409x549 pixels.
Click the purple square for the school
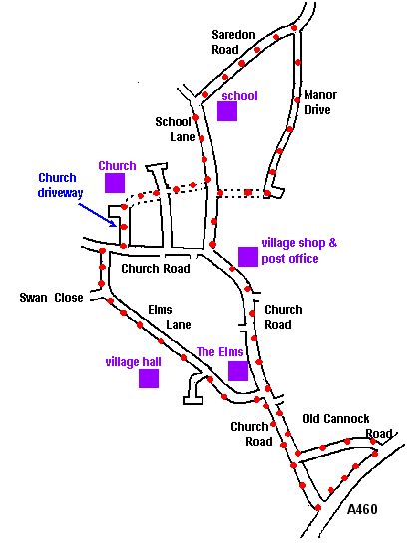pyautogui.click(x=227, y=111)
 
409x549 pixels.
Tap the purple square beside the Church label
pyautogui.click(x=115, y=183)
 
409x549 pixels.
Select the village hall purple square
pyautogui.click(x=149, y=378)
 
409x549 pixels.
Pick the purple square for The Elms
pyautogui.click(x=238, y=371)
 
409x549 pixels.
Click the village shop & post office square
pyautogui.click(x=248, y=257)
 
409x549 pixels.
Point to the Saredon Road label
pyautogui.click(x=233, y=42)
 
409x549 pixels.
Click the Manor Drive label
pyautogui.click(x=320, y=102)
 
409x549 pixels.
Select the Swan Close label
pyautogui.click(x=52, y=298)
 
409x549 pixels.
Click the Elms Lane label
pyautogui.click(x=170, y=317)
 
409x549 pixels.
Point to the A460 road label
pyautogui.click(x=362, y=509)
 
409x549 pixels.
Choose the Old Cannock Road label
pyautogui.click(x=347, y=426)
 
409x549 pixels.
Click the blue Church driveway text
pyautogui.click(x=60, y=185)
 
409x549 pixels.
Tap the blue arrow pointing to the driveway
pyautogui.click(x=98, y=215)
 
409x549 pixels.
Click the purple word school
pyautogui.click(x=240, y=95)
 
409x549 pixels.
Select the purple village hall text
pyautogui.click(x=134, y=362)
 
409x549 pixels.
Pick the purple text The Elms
pyautogui.click(x=220, y=352)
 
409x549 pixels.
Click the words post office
pyautogui.click(x=290, y=259)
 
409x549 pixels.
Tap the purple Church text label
pyautogui.click(x=117, y=166)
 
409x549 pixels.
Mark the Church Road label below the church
pyautogui.click(x=156, y=269)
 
